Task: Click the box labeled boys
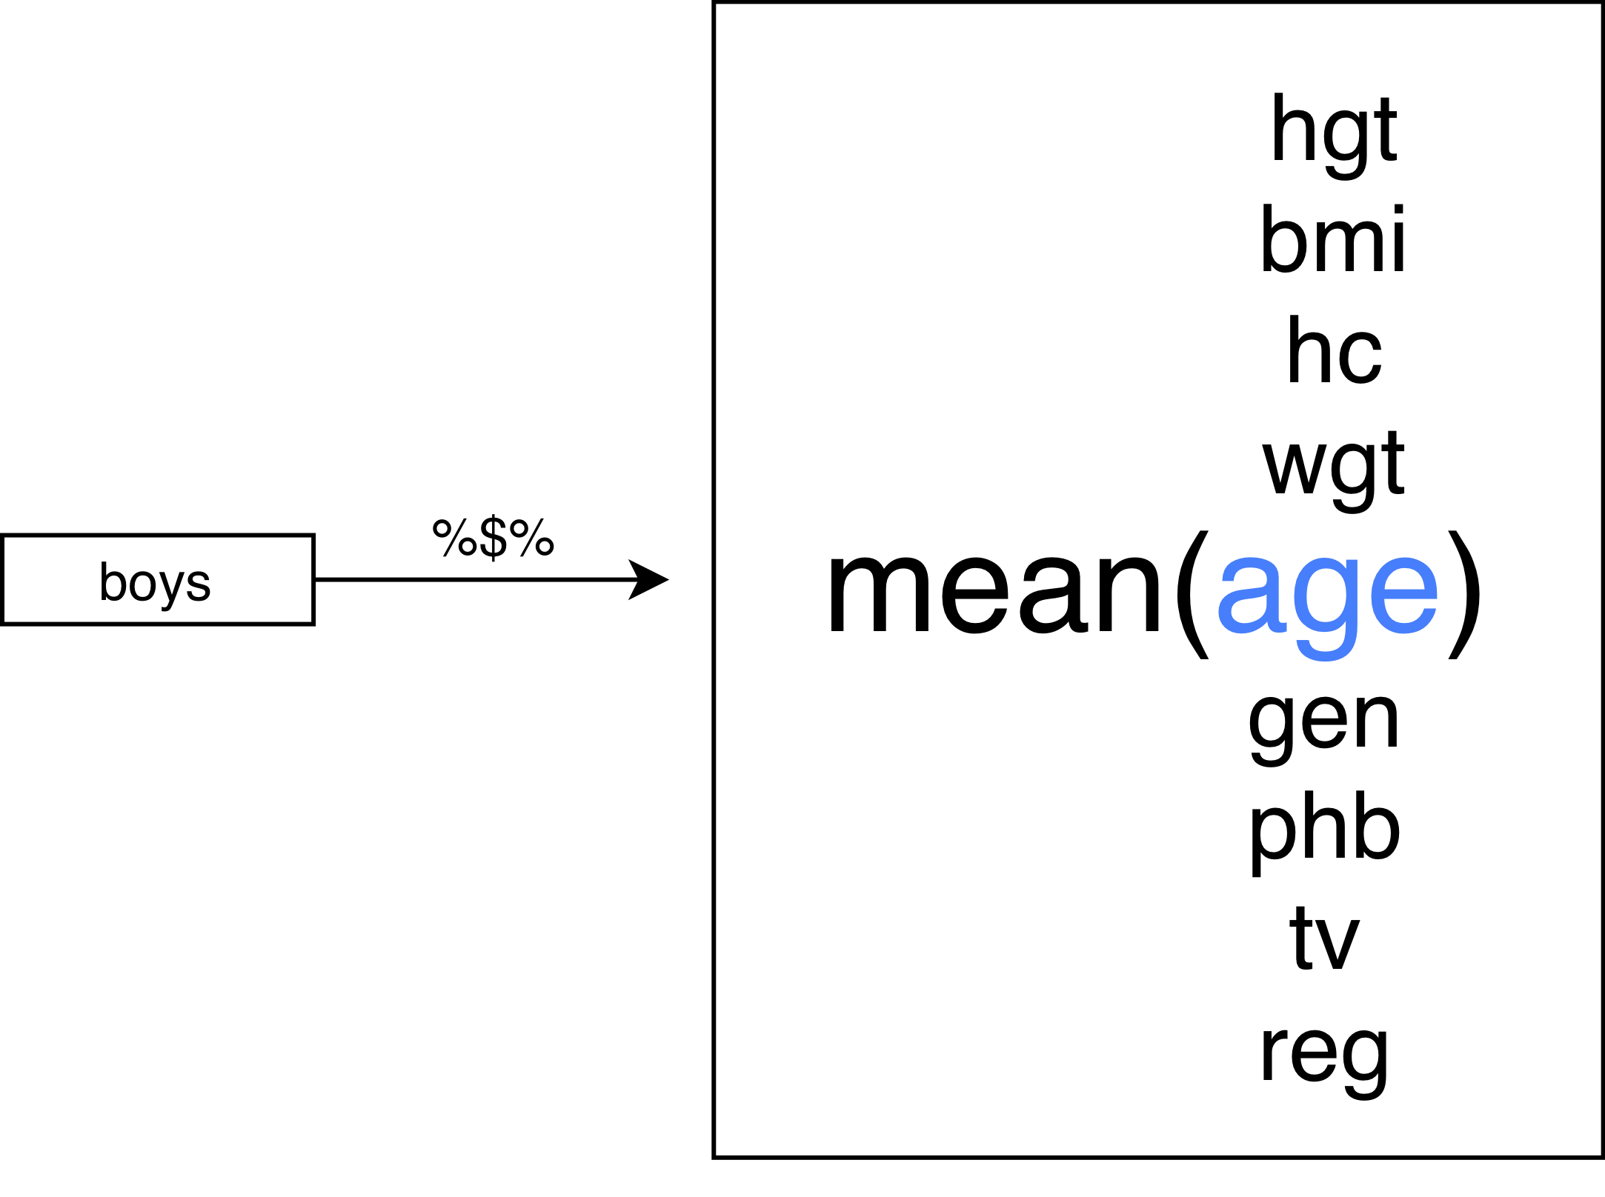pyautogui.click(x=158, y=579)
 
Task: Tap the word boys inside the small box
pyautogui.click(x=155, y=582)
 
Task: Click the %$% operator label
pyautogui.click(x=493, y=537)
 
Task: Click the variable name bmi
pyautogui.click(x=1333, y=240)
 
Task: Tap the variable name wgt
pyautogui.click(x=1334, y=465)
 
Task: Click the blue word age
pyautogui.click(x=1328, y=593)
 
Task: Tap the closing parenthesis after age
pyautogui.click(x=1465, y=593)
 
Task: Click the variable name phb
pyautogui.click(x=1325, y=830)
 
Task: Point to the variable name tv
pyautogui.click(x=1325, y=939)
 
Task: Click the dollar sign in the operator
pyautogui.click(x=494, y=537)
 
